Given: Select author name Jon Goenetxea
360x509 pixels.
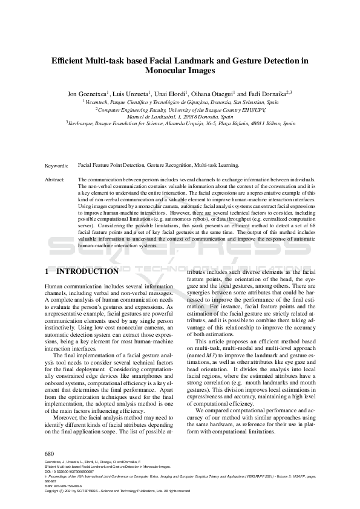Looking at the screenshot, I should point(88,94).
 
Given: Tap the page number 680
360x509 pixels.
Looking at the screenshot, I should point(50,452).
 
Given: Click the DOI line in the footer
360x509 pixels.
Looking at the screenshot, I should point(67,472).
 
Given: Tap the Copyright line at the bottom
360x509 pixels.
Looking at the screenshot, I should point(117,491).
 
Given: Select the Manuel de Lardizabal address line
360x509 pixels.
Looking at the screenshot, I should point(180,117).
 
